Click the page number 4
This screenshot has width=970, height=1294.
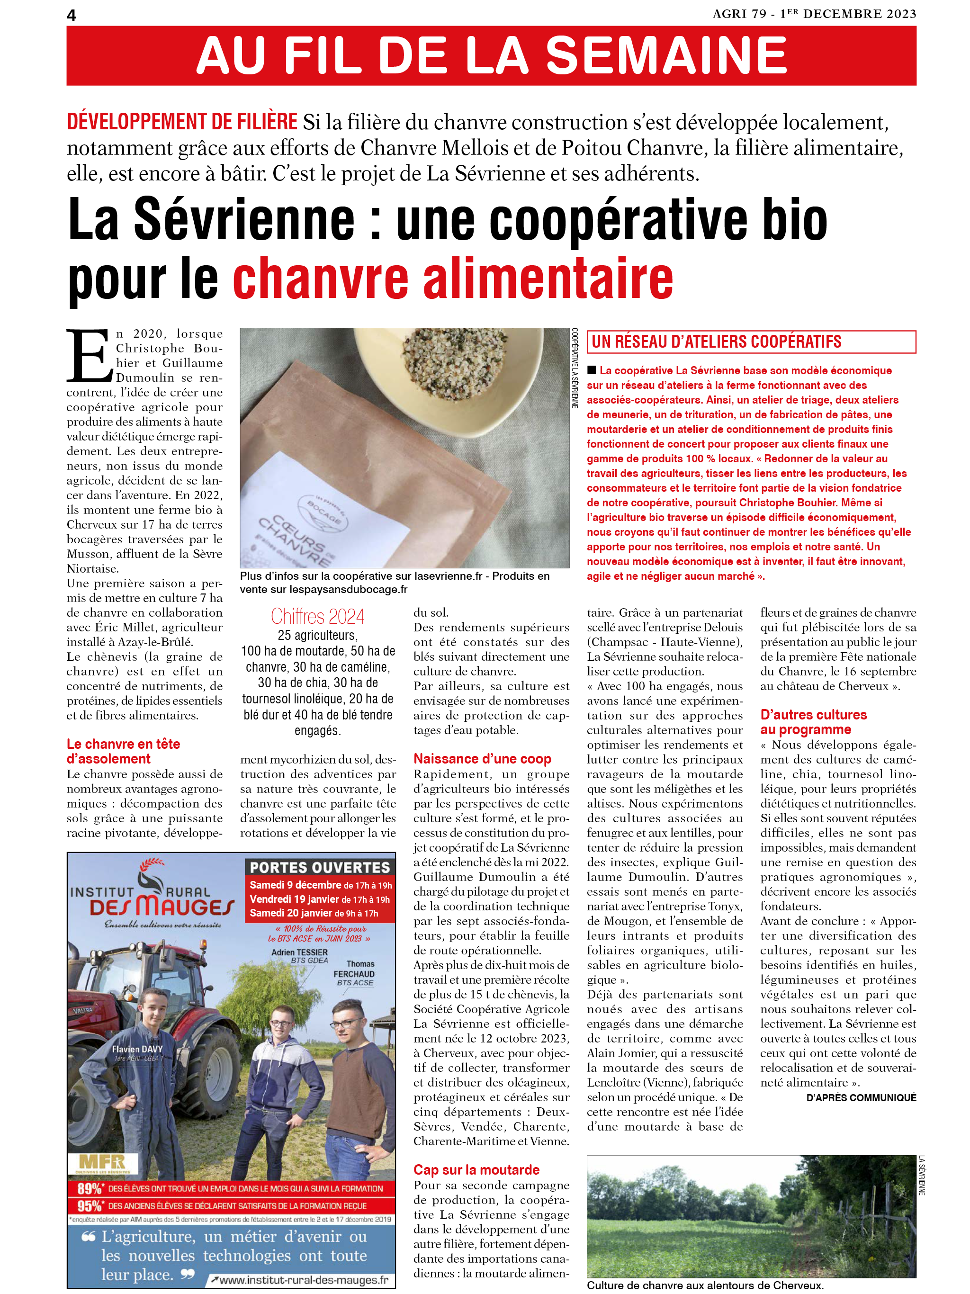[72, 15]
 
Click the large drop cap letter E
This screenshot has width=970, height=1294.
[89, 355]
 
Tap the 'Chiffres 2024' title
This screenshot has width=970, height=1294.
[317, 616]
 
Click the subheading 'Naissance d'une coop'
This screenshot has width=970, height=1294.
[482, 759]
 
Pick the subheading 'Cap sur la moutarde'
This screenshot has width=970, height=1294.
[476, 1169]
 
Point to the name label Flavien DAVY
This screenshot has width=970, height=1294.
[137, 1049]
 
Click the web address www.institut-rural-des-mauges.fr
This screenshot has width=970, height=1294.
[303, 1280]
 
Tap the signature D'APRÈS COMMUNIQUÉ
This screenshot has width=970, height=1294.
[861, 1097]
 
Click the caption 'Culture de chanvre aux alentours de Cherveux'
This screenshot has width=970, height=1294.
[705, 1285]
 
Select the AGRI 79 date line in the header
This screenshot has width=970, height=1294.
[814, 14]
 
